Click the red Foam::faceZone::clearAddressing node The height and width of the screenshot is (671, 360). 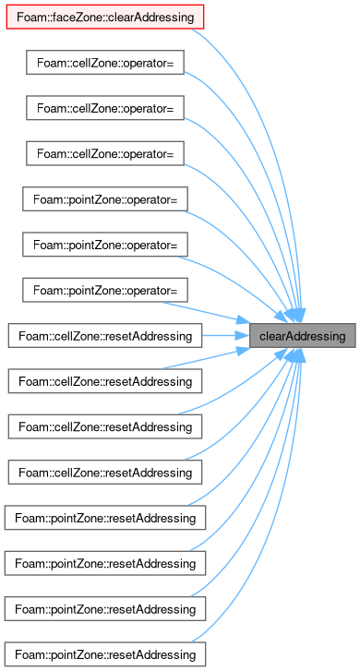(105, 18)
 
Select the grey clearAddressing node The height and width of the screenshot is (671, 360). (302, 336)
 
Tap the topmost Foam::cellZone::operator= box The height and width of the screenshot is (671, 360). (105, 63)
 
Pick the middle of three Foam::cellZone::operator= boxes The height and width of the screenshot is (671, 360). (105, 108)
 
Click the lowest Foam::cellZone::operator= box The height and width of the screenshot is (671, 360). (105, 153)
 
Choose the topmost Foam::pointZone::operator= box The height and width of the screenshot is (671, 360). (105, 199)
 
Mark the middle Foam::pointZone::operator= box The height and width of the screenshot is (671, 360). (105, 245)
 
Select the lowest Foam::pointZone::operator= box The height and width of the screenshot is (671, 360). (105, 290)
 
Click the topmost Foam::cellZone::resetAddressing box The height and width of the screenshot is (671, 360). (105, 336)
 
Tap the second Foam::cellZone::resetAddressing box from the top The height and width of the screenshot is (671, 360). (105, 381)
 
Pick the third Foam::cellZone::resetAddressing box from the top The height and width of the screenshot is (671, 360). (105, 427)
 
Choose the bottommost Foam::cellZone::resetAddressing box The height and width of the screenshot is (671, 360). (105, 473)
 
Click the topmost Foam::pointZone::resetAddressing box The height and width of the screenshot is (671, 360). (105, 518)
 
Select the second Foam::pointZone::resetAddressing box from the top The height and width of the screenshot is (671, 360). (105, 564)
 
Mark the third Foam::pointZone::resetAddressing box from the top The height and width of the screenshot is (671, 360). (105, 609)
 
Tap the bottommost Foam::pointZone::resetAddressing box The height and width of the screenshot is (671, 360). (105, 654)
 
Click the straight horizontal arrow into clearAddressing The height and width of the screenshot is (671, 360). (225, 336)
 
